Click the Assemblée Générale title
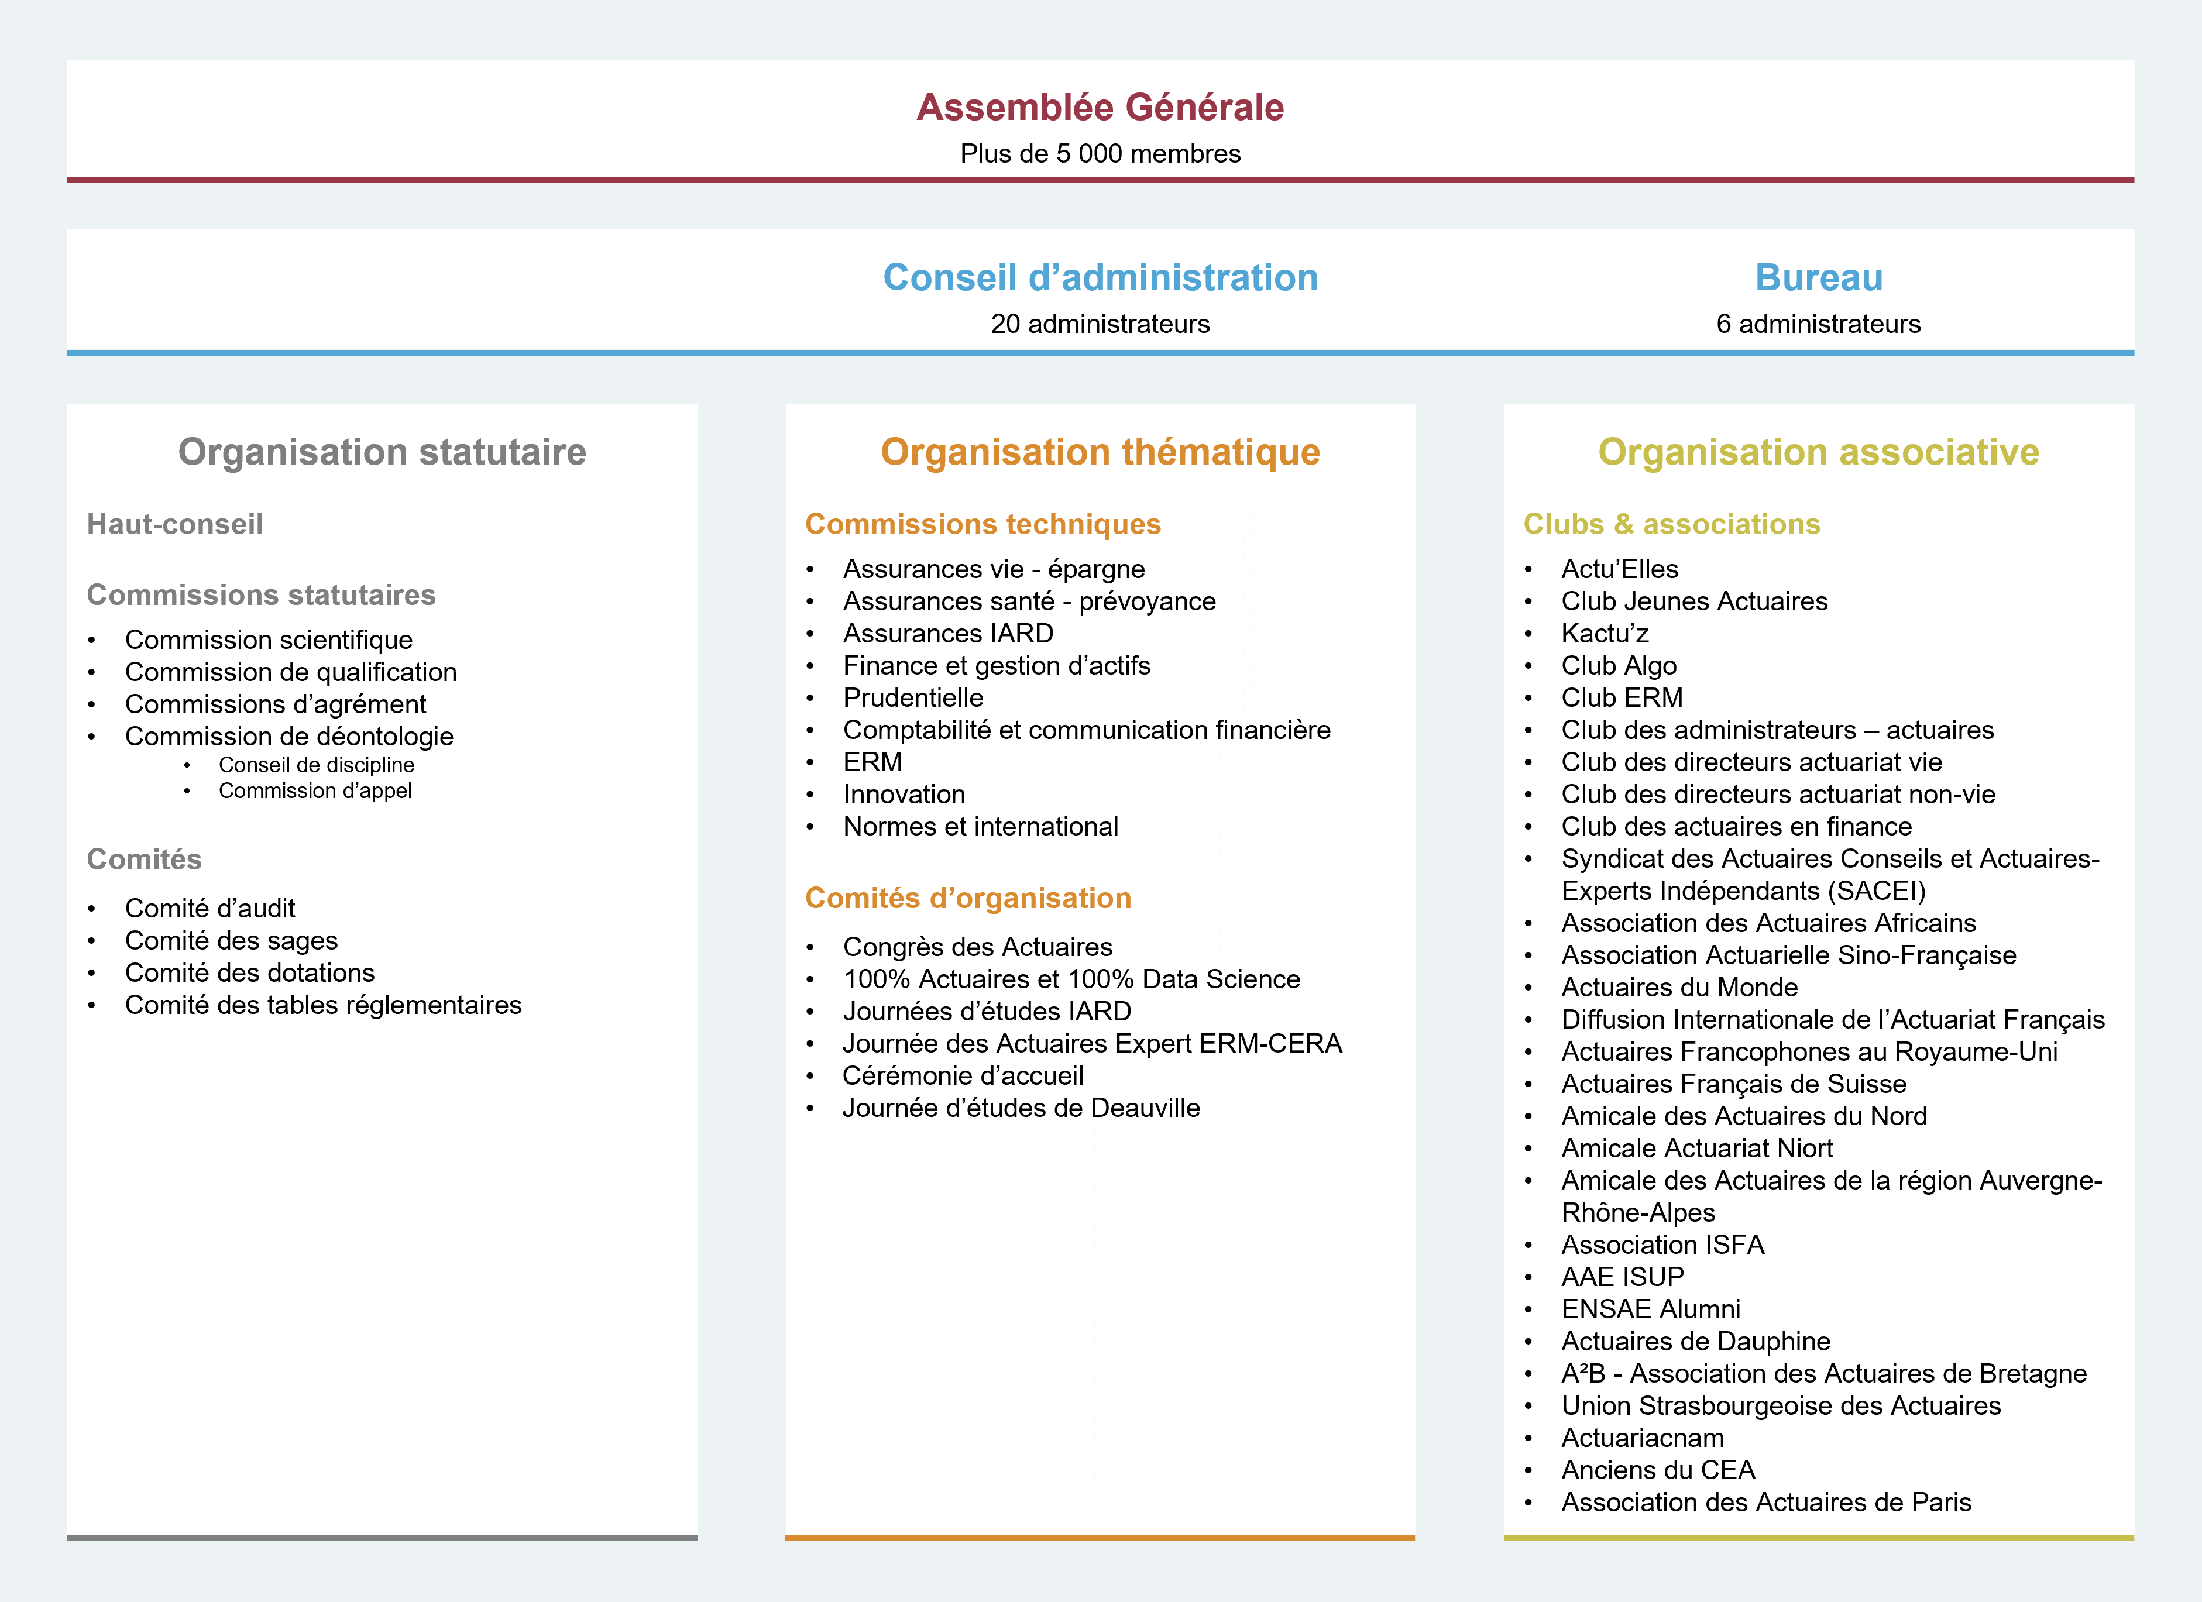point(1100,108)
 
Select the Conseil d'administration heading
point(1100,278)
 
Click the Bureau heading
point(1819,278)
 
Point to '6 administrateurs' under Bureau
point(1819,324)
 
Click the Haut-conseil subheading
point(175,524)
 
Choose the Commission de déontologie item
point(288,736)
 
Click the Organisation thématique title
point(1100,452)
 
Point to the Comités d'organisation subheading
point(968,898)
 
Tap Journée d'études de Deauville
point(1021,1108)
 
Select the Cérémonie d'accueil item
point(962,1076)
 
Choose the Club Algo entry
point(1619,666)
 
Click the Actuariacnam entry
point(1642,1438)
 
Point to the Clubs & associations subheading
point(1671,524)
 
